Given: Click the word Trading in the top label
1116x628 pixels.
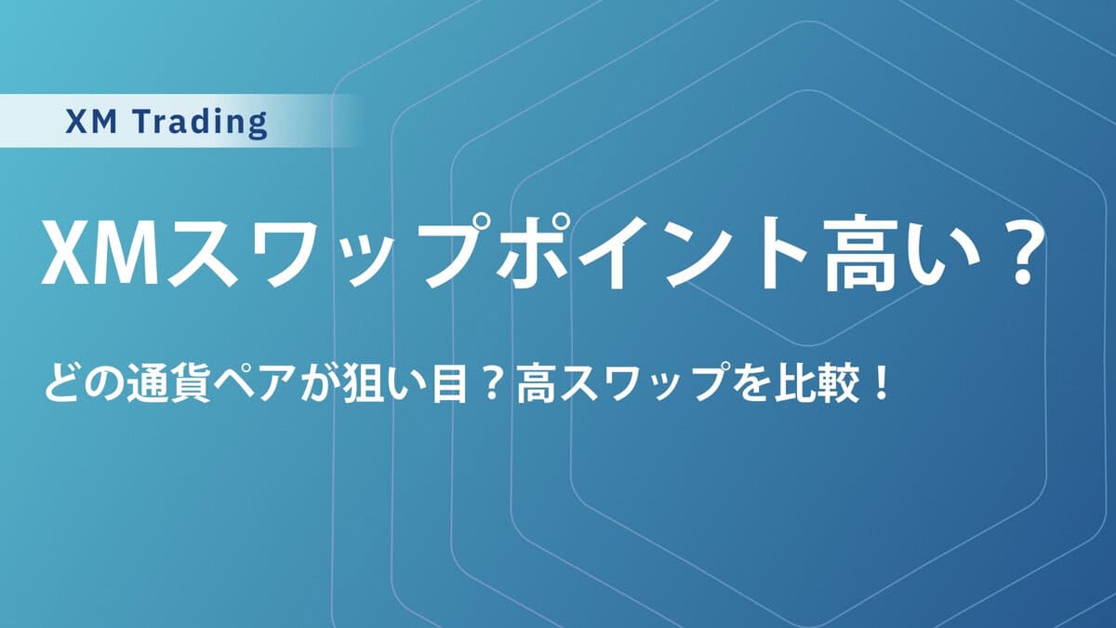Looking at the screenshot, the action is point(201,123).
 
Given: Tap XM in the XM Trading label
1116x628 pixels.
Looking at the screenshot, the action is point(92,122).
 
